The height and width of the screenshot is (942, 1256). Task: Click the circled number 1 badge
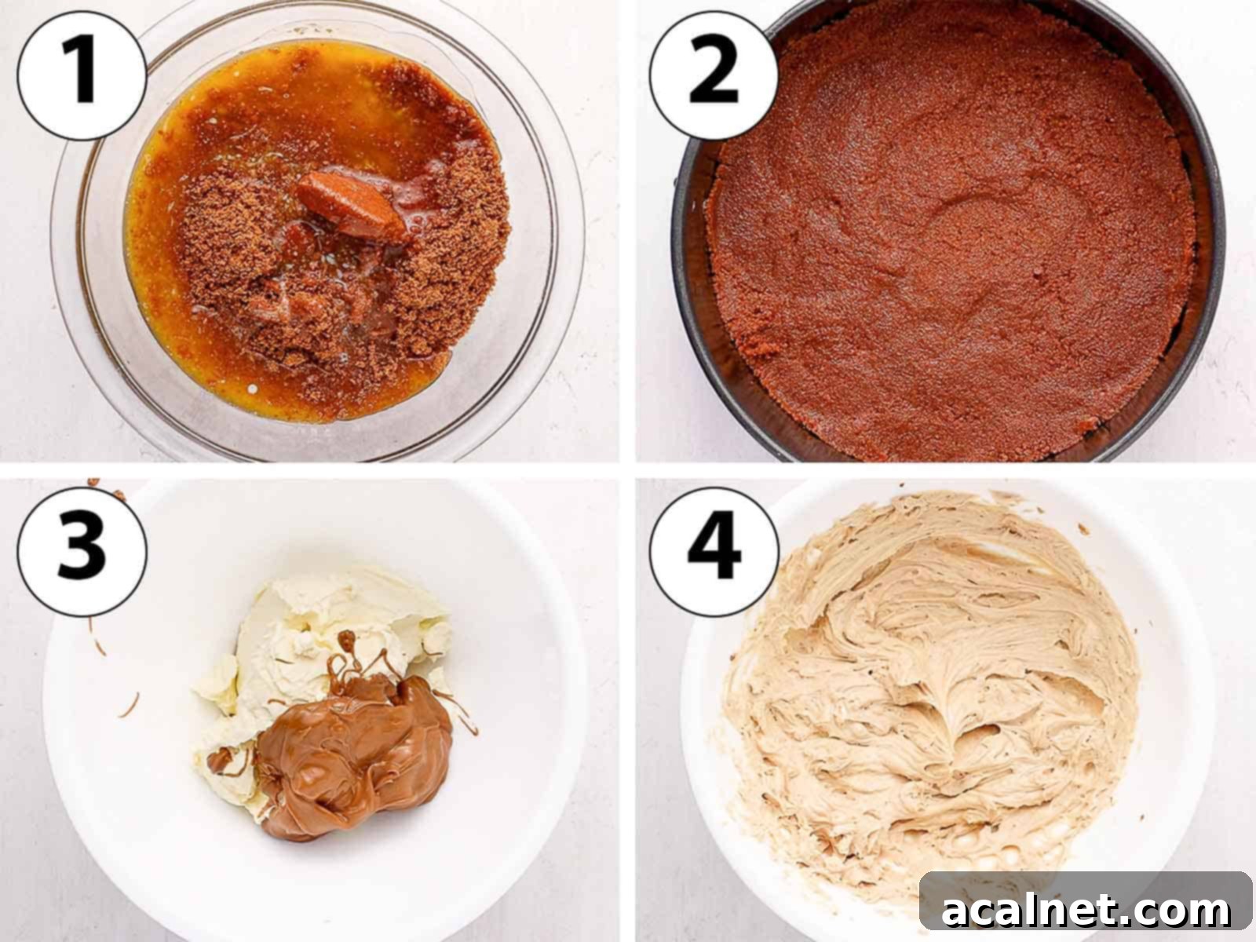pos(82,75)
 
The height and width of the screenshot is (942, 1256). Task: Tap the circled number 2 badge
pos(714,75)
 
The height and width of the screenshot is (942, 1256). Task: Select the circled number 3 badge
pos(82,552)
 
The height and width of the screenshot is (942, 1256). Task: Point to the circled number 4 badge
pos(714,552)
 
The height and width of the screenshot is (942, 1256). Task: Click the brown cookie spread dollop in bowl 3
pos(352,755)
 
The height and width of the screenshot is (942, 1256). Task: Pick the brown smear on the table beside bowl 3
pos(130,705)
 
